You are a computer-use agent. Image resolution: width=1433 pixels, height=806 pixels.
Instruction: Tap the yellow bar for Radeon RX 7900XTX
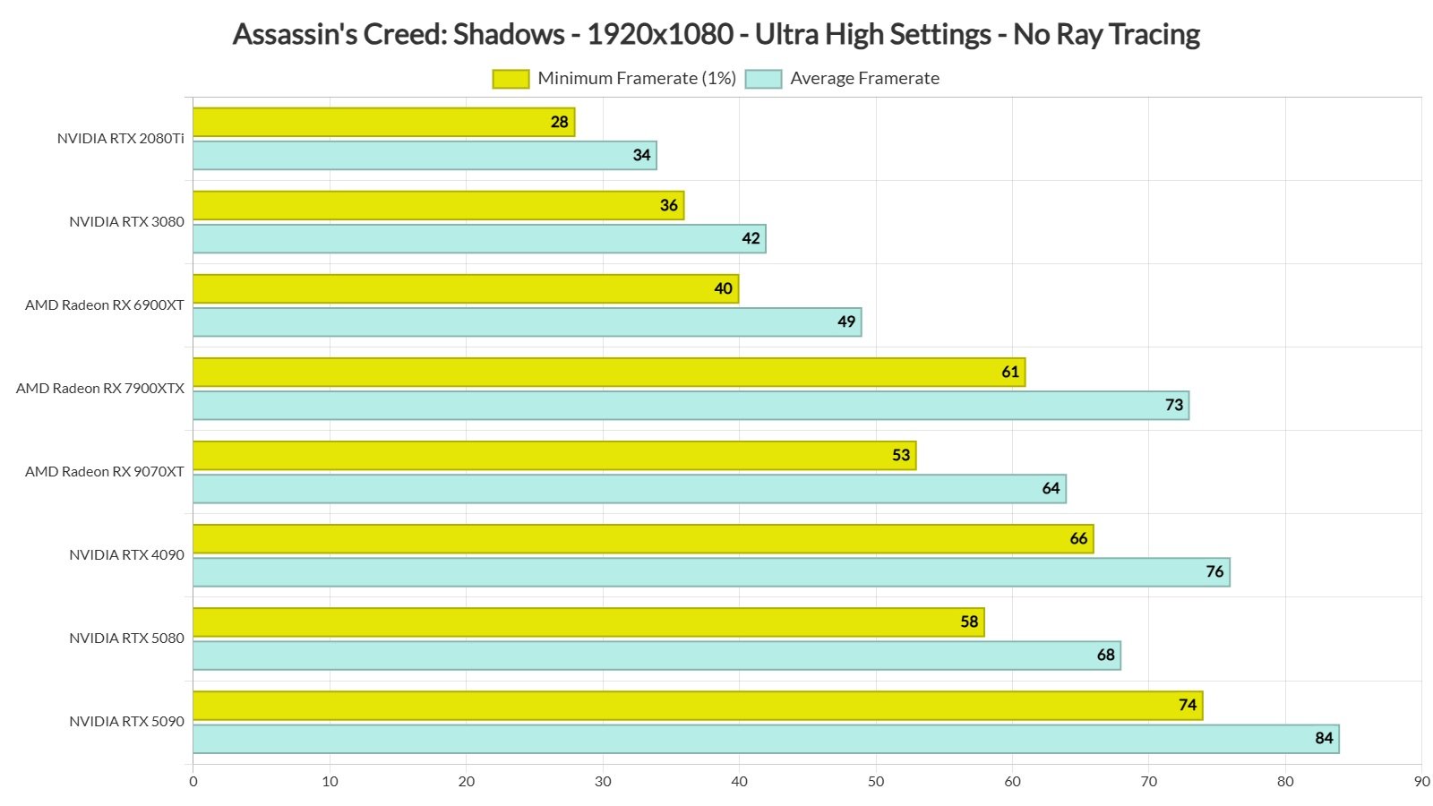[x=609, y=373]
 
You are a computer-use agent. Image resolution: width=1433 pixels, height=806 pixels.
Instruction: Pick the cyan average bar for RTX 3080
[x=479, y=239]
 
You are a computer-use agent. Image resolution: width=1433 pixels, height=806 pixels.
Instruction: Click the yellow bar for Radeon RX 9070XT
[x=554, y=456]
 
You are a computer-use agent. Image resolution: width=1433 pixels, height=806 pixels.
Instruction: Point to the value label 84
[x=1324, y=739]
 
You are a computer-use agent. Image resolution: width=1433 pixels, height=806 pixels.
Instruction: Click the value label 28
[x=560, y=123]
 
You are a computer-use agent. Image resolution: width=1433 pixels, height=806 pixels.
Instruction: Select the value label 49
[x=846, y=322]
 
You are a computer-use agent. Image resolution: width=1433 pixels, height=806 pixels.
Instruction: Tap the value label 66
[x=1078, y=539]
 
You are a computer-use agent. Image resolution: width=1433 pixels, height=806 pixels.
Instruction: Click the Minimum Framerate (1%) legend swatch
[x=511, y=79]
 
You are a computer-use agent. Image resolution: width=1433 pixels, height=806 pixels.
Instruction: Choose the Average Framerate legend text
[x=864, y=79]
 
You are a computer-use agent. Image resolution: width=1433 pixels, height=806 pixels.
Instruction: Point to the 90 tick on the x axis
[x=1421, y=782]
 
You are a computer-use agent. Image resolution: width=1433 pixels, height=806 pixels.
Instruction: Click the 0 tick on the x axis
[x=193, y=782]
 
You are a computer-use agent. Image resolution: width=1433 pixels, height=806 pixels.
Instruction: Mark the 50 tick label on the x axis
[x=876, y=782]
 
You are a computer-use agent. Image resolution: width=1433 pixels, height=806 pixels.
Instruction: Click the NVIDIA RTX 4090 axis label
[x=126, y=555]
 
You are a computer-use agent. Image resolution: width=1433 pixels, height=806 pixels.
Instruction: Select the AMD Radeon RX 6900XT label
[x=105, y=305]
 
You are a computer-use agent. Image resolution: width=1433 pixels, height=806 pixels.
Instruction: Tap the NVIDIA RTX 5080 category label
[x=126, y=639]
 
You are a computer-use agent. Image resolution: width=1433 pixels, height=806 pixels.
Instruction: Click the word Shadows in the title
[x=509, y=35]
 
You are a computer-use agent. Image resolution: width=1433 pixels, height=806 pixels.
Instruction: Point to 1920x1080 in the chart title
[x=660, y=35]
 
